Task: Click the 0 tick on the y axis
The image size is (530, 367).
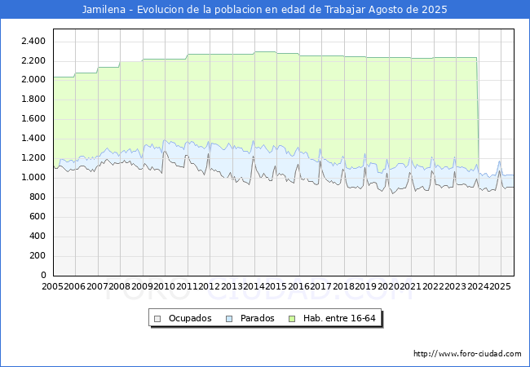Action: pyautogui.click(x=42, y=275)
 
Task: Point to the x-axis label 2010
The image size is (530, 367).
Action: pyautogui.click(x=164, y=287)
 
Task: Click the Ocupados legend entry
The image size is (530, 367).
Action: pyautogui.click(x=189, y=318)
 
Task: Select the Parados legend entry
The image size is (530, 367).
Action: pyautogui.click(x=257, y=318)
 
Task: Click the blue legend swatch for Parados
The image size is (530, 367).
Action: pyautogui.click(x=230, y=318)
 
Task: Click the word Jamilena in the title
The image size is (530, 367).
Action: pyautogui.click(x=104, y=10)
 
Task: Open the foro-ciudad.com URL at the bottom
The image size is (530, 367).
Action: pyautogui.click(x=467, y=354)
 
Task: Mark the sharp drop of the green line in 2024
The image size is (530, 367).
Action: pyautogui.click(x=478, y=114)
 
